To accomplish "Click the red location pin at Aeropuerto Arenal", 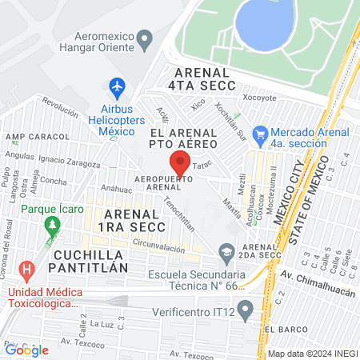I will click(180, 163).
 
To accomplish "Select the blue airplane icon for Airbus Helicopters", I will click(118, 86).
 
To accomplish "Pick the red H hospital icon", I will click(27, 270).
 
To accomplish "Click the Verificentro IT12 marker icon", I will click(246, 308).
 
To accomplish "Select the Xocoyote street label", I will click(258, 98).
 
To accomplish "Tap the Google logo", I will click(26, 350).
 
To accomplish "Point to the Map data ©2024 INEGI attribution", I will click(312, 354).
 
